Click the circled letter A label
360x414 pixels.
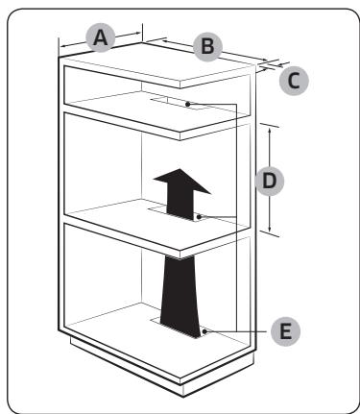point(101,37)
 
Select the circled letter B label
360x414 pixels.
point(207,46)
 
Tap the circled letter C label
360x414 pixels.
point(294,81)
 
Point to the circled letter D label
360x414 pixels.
point(270,181)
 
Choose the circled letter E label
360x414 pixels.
point(286,331)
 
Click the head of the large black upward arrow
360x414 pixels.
point(181,181)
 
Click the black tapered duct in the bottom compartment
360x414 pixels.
point(180,296)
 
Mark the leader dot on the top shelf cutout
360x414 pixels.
point(188,104)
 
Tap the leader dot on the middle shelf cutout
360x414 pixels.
point(199,217)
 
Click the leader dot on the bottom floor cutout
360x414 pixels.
point(204,331)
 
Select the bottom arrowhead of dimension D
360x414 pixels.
point(270,229)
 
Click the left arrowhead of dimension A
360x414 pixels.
point(63,46)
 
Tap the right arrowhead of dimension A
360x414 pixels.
point(137,33)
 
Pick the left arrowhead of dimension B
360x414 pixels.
point(165,40)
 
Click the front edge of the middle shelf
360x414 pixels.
point(122,236)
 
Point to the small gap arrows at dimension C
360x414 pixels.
point(273,65)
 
